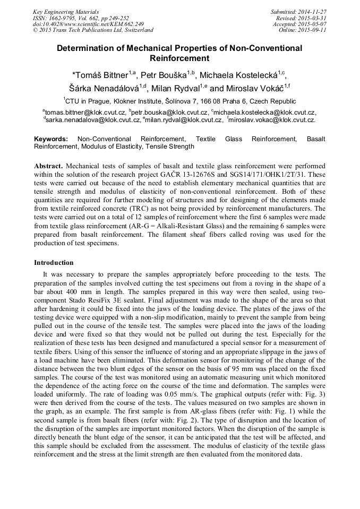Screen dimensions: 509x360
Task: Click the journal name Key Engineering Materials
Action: [66, 11]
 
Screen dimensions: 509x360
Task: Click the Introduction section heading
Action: [54, 263]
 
